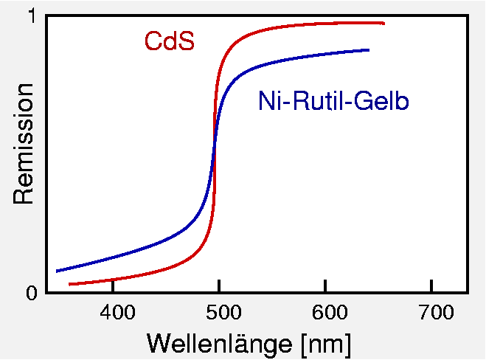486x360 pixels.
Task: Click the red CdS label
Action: coord(170,41)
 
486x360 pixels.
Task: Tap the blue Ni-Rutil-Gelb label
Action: coord(333,101)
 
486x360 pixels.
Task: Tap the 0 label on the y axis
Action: coord(31,294)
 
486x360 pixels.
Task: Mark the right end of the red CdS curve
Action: coord(383,23)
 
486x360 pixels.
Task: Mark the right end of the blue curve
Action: coord(368,49)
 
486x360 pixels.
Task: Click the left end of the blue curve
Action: coord(57,271)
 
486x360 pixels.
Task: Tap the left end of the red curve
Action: coord(69,284)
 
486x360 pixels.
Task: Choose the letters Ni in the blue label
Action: coord(267,101)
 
